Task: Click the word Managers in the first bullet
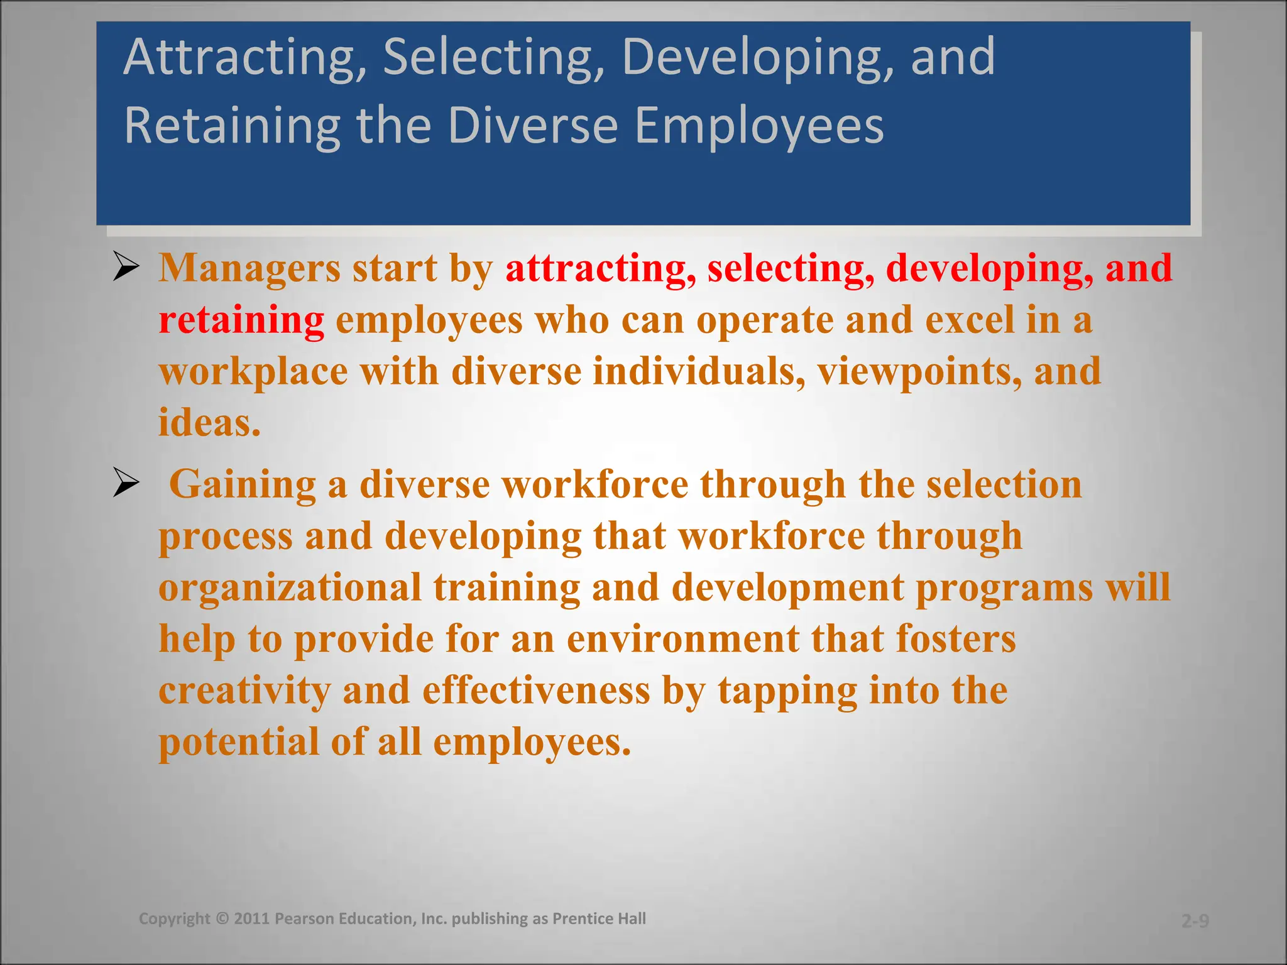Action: point(249,268)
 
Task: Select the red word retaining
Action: point(241,320)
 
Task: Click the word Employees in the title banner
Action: point(759,126)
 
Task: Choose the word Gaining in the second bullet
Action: point(243,485)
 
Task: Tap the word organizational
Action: point(290,587)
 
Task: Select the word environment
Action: point(683,639)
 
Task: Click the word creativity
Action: point(244,690)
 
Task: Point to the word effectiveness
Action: point(536,690)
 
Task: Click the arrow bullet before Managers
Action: point(126,268)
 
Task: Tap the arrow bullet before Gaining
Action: point(126,484)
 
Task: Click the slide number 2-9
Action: point(1195,921)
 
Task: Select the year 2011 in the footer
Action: point(252,919)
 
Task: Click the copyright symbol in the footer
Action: point(222,919)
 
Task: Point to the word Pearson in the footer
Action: point(305,919)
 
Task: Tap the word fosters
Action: point(956,639)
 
